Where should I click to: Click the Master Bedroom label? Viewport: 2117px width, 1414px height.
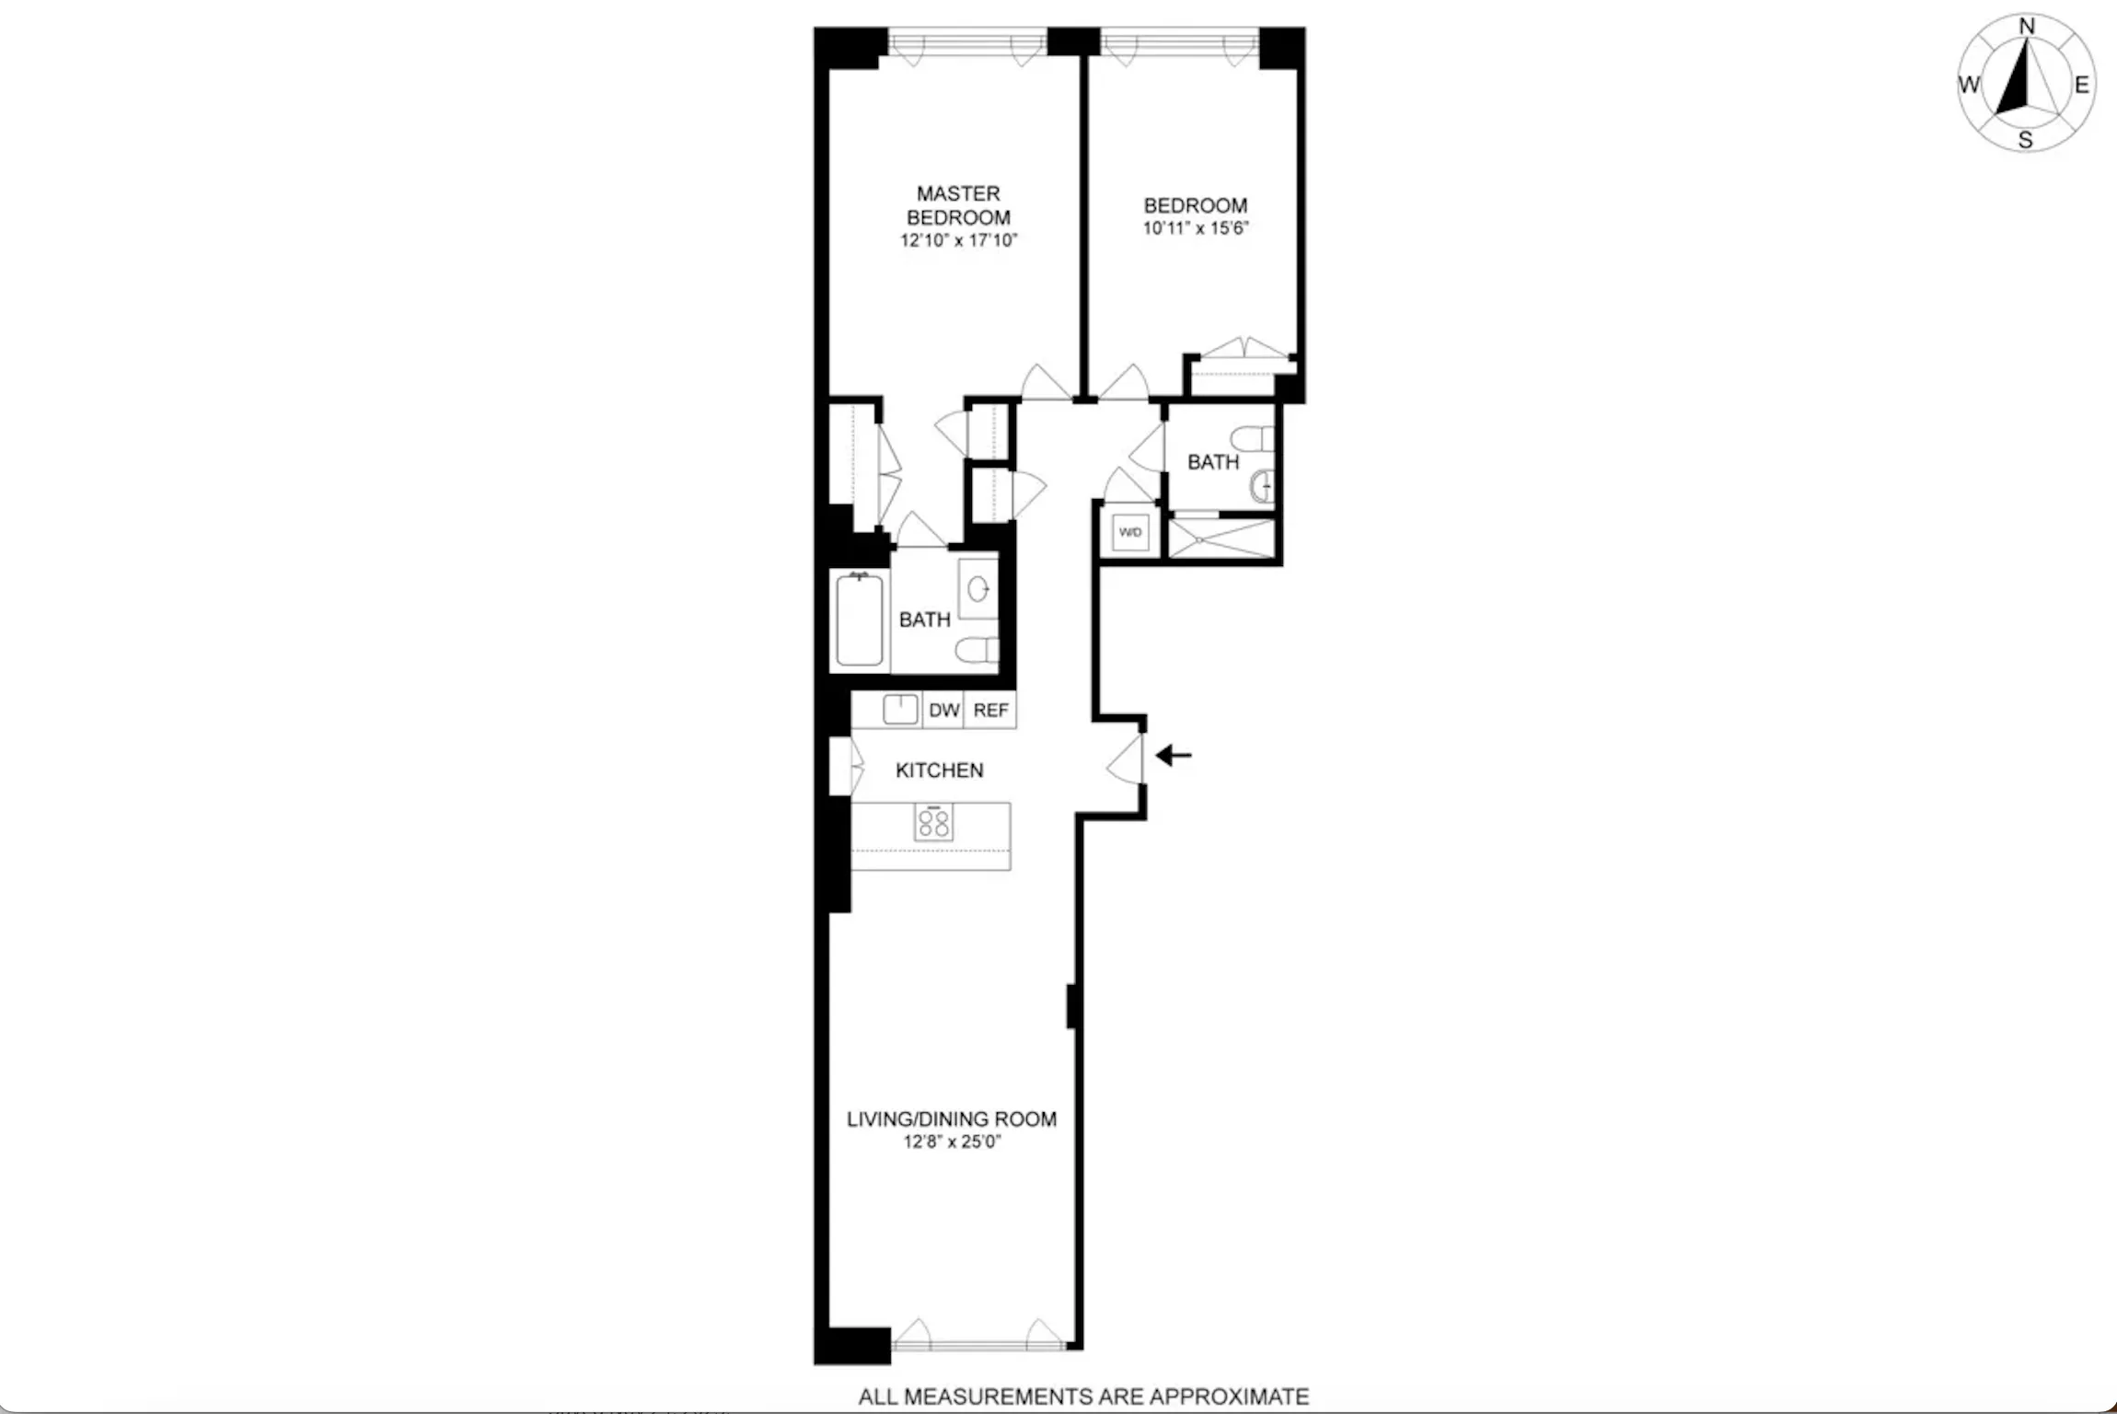958,205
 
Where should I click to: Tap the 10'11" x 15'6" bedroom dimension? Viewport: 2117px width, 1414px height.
1196,228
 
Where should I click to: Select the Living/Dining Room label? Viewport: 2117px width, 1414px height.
951,1118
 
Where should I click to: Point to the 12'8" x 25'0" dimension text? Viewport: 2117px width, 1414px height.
952,1142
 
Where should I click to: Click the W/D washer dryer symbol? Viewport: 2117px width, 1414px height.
1130,532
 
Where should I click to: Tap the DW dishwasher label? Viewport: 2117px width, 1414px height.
943,711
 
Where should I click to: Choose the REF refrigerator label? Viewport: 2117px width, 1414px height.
990,711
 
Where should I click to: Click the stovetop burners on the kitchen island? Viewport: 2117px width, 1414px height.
933,822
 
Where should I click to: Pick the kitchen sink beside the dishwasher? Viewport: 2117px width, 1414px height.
900,709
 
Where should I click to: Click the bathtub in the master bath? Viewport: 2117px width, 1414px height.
860,620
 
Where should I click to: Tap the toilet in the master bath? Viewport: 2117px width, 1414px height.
976,650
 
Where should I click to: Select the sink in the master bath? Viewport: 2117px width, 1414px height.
978,588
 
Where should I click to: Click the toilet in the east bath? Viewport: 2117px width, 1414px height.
1254,437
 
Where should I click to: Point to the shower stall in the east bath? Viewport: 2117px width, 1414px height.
1221,539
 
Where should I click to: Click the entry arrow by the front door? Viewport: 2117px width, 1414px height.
1174,756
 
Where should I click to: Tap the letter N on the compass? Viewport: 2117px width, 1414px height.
2027,27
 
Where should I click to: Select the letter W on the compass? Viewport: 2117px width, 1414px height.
1969,85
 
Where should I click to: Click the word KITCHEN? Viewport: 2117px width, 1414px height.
939,771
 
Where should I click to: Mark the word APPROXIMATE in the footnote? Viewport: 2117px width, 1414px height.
1229,1397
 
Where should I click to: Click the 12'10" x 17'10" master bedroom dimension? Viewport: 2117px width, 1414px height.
958,241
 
